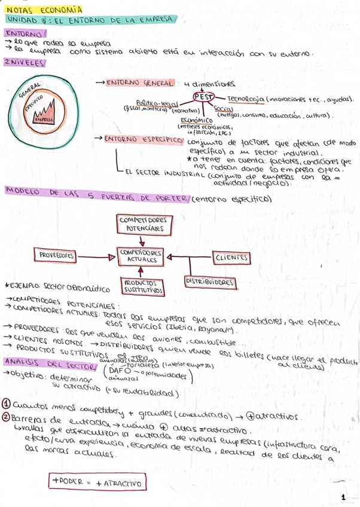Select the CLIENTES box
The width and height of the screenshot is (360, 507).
(231, 257)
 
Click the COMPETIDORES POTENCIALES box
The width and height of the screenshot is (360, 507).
(141, 225)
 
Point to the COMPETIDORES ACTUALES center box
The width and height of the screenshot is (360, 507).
(141, 256)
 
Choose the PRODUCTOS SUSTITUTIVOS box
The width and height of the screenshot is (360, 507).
(141, 286)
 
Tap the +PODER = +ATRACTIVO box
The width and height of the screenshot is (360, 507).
(99, 482)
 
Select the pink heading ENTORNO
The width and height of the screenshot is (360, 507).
(23, 35)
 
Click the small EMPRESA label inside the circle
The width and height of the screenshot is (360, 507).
(44, 119)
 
